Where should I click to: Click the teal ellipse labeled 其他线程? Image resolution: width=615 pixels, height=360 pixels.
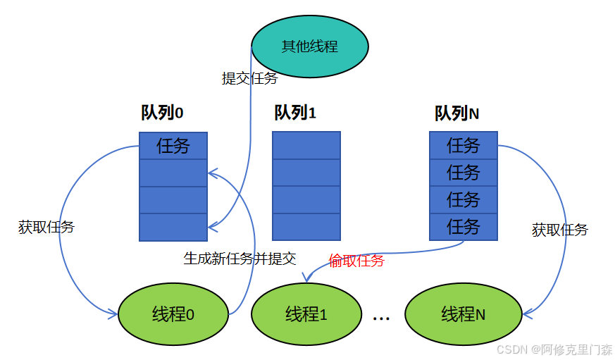(x=310, y=47)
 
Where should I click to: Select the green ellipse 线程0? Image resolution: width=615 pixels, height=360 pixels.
(x=173, y=314)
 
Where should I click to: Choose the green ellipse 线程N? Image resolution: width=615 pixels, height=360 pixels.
(x=463, y=314)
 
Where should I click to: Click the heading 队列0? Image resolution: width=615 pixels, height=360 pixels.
(x=162, y=113)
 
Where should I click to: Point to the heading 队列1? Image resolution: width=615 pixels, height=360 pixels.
(x=295, y=113)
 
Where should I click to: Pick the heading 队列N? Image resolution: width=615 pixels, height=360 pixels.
(x=457, y=113)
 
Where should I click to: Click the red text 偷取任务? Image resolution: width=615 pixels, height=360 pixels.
(x=356, y=261)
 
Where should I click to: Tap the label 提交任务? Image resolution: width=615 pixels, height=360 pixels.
(x=249, y=78)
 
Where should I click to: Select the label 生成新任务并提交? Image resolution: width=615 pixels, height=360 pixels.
(x=240, y=258)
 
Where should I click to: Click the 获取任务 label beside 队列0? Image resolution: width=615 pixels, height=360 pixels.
(x=46, y=227)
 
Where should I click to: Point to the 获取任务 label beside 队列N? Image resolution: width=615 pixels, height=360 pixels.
(x=560, y=230)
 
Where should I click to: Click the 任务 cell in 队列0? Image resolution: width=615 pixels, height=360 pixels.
(x=173, y=146)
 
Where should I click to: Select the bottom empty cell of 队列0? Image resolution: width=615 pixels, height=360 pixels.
(x=173, y=227)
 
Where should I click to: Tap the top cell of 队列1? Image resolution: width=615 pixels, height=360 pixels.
(x=306, y=146)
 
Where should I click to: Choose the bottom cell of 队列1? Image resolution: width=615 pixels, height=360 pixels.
(x=306, y=227)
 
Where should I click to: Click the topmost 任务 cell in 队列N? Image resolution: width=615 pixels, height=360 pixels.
(x=464, y=146)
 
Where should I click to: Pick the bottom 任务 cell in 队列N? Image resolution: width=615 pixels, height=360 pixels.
(x=464, y=227)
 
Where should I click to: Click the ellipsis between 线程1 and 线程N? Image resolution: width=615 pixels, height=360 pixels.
(x=381, y=318)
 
